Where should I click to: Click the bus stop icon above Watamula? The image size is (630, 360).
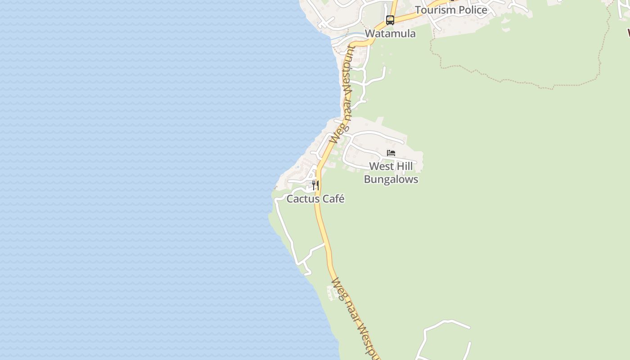(390, 20)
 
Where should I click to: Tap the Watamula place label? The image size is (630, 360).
(390, 34)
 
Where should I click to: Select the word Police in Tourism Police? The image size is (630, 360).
(472, 10)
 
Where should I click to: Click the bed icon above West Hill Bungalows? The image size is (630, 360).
(391, 153)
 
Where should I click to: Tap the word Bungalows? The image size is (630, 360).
(391, 179)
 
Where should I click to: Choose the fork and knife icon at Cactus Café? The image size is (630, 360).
(315, 185)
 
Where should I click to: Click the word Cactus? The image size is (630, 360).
(303, 199)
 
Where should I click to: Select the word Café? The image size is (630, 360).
(333, 199)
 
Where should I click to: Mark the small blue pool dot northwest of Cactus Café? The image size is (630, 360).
(297, 167)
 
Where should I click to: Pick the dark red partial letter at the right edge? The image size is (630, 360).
(628, 32)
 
